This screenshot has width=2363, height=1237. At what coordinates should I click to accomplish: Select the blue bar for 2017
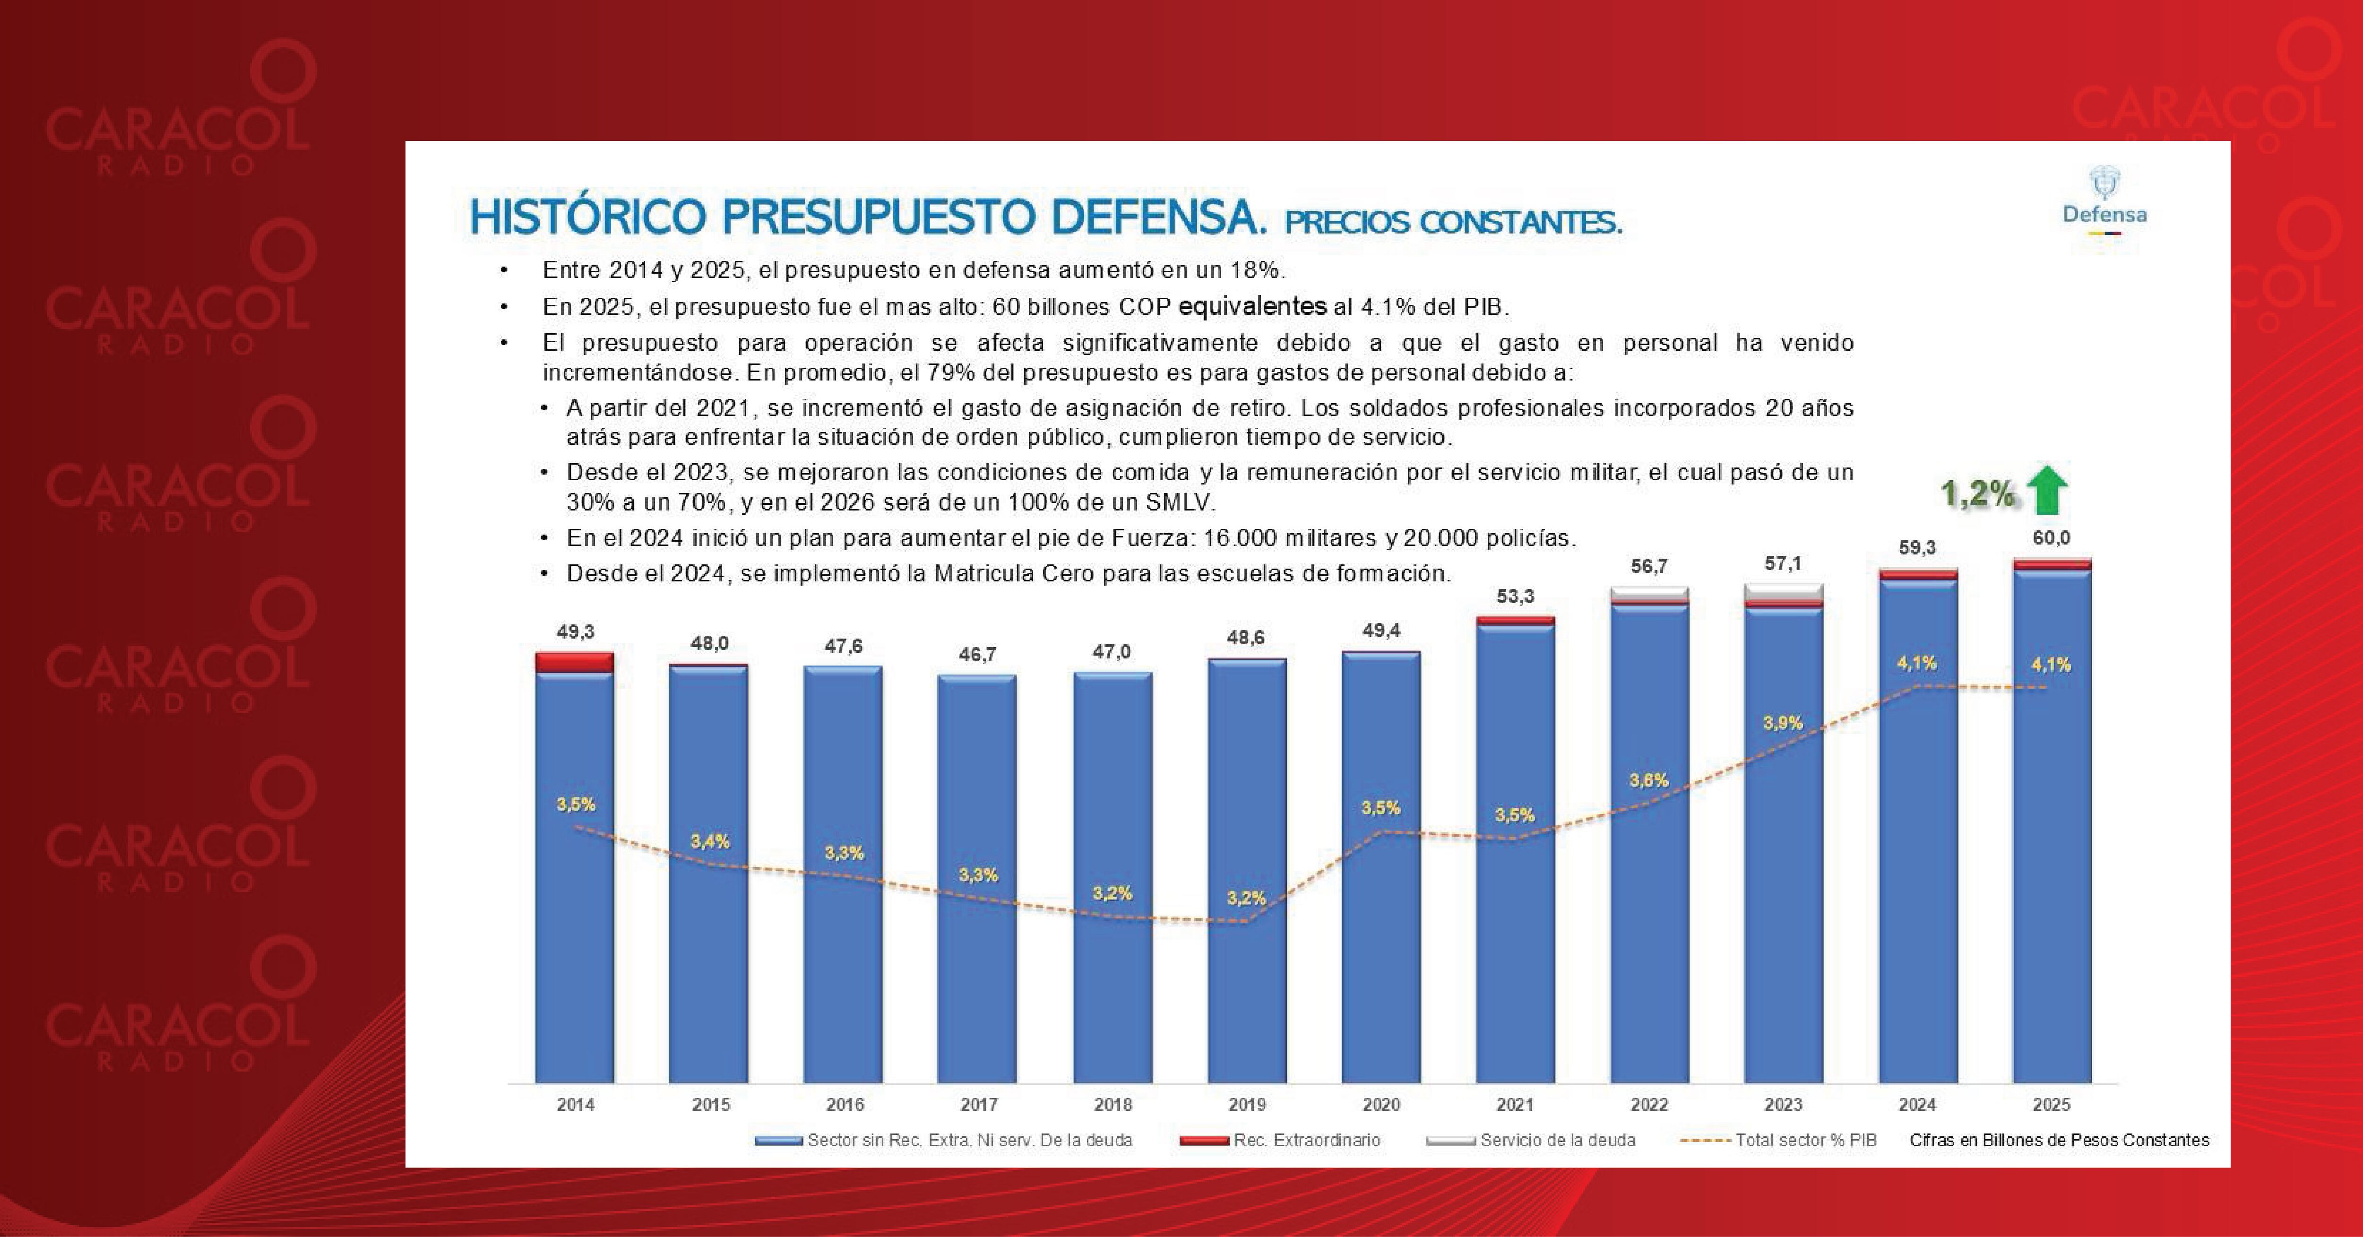977,881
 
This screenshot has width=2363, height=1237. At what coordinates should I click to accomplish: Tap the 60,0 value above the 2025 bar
2051,538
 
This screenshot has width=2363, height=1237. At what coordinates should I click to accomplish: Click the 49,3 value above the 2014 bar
575,631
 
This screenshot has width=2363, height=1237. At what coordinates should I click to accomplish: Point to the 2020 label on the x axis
1380,1105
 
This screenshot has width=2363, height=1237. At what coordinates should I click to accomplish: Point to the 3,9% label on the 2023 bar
1782,723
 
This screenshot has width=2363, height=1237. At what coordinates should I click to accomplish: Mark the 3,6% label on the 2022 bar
1648,780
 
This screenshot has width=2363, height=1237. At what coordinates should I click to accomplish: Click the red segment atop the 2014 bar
574,662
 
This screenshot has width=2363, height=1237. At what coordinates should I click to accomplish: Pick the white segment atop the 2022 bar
1649,594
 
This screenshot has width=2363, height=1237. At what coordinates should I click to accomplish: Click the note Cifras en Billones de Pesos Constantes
2060,1140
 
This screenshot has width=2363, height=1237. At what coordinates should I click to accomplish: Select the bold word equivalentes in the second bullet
1252,306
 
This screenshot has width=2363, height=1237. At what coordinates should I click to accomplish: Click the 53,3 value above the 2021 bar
1515,597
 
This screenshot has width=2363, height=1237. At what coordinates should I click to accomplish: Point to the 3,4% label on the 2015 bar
710,841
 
